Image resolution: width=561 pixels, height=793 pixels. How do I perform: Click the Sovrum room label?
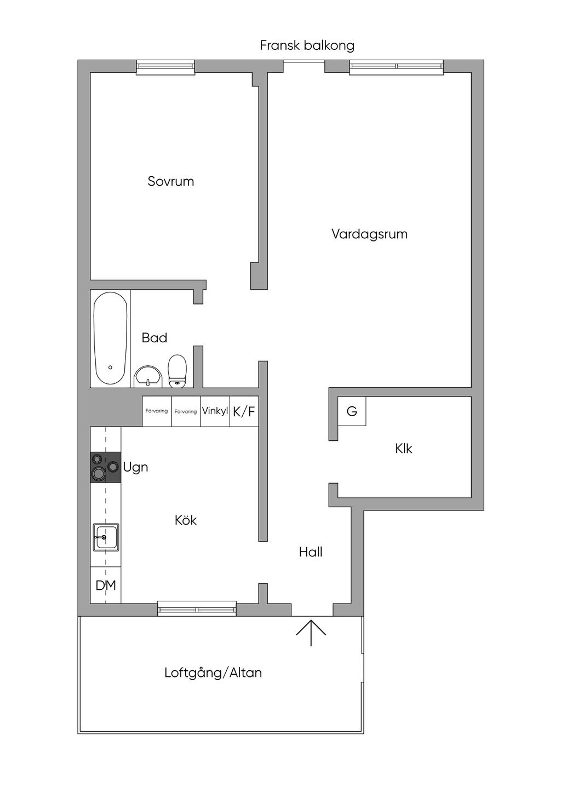(171, 182)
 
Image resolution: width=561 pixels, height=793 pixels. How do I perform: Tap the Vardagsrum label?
(369, 234)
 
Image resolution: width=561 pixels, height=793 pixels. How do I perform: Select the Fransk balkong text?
(307, 45)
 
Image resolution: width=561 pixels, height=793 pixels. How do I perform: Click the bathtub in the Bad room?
(110, 338)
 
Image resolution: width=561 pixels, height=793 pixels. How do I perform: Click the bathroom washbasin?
(148, 377)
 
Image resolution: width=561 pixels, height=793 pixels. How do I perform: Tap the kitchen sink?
(106, 537)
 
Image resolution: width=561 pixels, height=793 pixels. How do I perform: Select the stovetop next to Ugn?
(106, 468)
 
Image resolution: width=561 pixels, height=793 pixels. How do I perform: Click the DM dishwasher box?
(106, 585)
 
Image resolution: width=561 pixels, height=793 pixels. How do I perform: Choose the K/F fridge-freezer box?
(244, 411)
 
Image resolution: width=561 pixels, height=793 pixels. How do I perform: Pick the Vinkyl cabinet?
(215, 411)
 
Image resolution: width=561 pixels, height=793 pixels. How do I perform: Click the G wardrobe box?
(352, 411)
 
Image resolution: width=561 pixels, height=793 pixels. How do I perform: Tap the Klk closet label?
(403, 449)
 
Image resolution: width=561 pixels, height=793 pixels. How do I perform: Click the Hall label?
(311, 552)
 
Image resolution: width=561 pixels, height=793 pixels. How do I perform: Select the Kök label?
(186, 520)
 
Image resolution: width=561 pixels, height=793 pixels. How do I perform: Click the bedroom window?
(166, 67)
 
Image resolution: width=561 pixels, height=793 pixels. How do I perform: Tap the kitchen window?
(197, 609)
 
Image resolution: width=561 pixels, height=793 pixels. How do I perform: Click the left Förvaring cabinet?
(157, 411)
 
